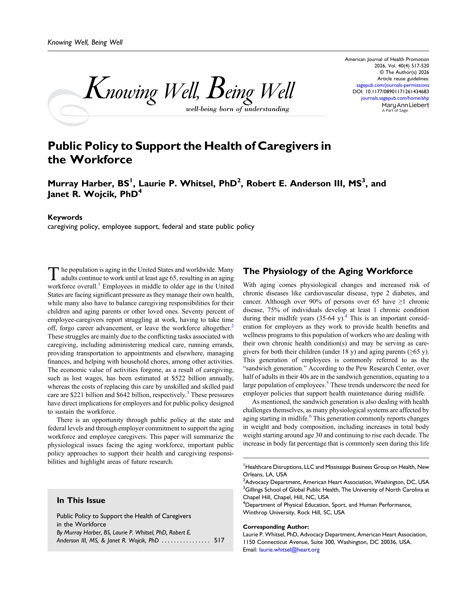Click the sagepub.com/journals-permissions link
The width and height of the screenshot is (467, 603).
pyautogui.click(x=393, y=85)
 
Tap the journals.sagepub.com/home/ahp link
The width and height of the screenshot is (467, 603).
pyautogui.click(x=395, y=98)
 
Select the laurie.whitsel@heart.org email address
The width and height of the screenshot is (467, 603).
pyautogui.click(x=289, y=550)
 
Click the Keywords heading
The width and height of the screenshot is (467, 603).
pyautogui.click(x=65, y=217)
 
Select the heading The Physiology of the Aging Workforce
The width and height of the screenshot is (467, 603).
pyautogui.click(x=328, y=271)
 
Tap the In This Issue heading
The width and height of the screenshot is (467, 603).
pyautogui.click(x=81, y=500)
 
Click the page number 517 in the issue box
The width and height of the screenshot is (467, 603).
pyautogui.click(x=219, y=540)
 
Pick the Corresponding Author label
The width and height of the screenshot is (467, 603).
pyautogui.click(x=276, y=527)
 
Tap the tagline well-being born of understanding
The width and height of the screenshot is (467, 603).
pyautogui.click(x=237, y=109)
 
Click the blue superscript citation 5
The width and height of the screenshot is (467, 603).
pyautogui.click(x=327, y=383)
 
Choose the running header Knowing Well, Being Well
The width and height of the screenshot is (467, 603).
pyautogui.click(x=85, y=42)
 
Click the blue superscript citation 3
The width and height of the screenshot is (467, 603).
pyautogui.click(x=188, y=393)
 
